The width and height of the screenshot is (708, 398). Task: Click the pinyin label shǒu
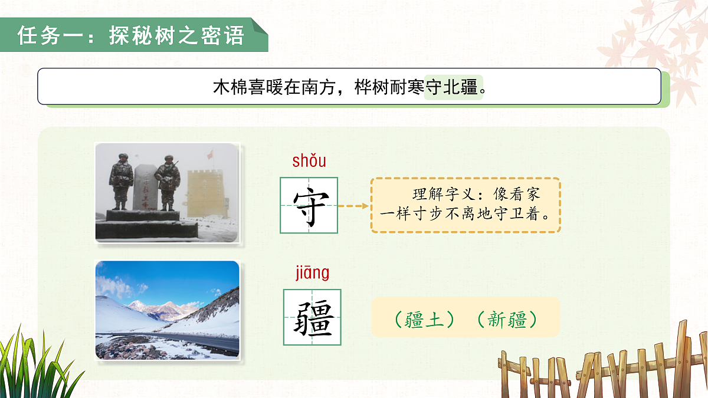click(309, 160)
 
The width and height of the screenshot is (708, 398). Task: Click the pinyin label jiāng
click(312, 273)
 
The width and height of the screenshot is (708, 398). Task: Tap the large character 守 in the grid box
click(309, 206)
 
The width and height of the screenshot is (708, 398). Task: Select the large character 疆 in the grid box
click(312, 317)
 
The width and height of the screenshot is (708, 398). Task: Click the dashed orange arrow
click(355, 206)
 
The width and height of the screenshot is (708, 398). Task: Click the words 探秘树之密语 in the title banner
click(176, 35)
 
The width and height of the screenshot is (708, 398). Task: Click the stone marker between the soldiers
click(143, 188)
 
